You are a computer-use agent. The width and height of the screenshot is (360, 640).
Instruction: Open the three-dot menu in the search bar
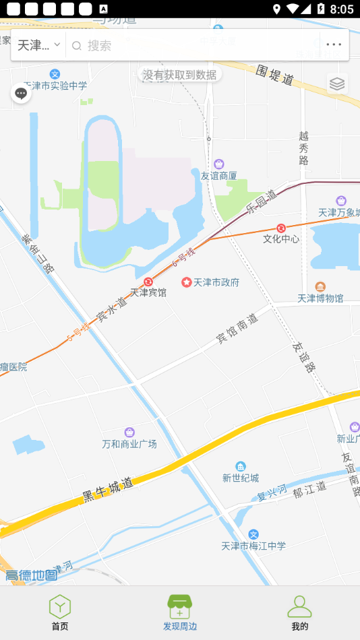pyautogui.click(x=334, y=45)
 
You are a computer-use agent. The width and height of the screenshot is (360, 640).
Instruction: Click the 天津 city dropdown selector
pyautogui.click(x=38, y=45)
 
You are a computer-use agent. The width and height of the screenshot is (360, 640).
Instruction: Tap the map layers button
pyautogui.click(x=337, y=84)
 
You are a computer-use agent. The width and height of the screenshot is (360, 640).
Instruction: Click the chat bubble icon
pyautogui.click(x=21, y=94)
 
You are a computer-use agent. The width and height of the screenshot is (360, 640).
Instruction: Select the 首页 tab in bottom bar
pyautogui.click(x=60, y=612)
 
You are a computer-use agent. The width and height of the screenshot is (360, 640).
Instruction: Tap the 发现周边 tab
pyautogui.click(x=180, y=612)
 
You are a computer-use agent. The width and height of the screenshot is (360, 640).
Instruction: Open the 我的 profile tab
pyautogui.click(x=299, y=612)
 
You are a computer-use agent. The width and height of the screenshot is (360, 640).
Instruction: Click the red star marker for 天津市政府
pyautogui.click(x=187, y=282)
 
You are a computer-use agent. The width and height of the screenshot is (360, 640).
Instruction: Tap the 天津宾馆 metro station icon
pyautogui.click(x=148, y=281)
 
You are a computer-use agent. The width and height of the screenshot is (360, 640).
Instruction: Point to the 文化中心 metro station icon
pyautogui.click(x=281, y=228)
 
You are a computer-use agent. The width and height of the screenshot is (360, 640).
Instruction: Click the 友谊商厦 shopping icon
pyautogui.click(x=219, y=164)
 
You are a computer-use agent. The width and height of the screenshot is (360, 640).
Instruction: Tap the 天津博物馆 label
pyautogui.click(x=320, y=298)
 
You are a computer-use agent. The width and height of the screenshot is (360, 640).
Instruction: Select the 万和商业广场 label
pyautogui.click(x=129, y=444)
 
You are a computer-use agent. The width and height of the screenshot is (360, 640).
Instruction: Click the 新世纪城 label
pyautogui.click(x=241, y=478)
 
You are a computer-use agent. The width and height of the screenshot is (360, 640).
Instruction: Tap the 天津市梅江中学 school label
pyautogui.click(x=253, y=546)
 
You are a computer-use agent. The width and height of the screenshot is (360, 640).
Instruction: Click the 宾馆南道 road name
pyautogui.click(x=237, y=329)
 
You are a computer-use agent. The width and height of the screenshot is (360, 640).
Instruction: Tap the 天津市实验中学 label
pyautogui.click(x=55, y=86)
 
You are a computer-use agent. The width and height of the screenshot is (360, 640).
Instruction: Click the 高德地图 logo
pyautogui.click(x=32, y=575)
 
